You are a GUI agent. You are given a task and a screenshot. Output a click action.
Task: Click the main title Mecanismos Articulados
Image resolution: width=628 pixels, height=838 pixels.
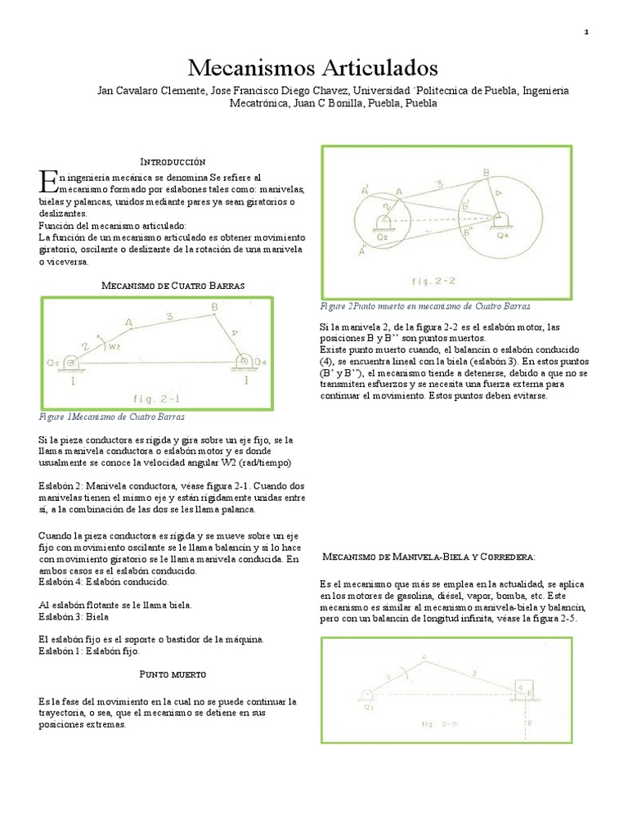[313, 66]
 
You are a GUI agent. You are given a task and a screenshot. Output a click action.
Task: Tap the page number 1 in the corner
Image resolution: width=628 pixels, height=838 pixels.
[587, 31]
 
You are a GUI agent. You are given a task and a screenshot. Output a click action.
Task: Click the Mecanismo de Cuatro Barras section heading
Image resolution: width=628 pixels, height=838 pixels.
[173, 285]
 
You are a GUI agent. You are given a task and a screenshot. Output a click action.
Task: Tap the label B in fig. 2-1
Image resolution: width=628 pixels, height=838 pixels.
[213, 308]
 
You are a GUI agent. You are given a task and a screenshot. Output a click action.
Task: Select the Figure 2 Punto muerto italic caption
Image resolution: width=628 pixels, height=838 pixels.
[424, 306]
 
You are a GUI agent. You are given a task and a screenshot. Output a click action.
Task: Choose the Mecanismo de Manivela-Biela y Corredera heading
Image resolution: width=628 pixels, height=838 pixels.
[430, 556]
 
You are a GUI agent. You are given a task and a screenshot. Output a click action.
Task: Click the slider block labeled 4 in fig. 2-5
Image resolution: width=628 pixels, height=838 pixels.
[522, 686]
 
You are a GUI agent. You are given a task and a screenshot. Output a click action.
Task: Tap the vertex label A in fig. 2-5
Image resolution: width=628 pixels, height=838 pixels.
[424, 656]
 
